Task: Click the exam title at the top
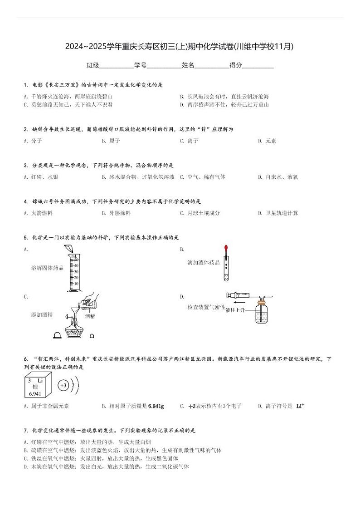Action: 180,46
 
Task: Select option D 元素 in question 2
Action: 267,141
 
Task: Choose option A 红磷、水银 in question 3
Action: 41,177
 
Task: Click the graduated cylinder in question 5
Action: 73,272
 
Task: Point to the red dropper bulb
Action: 226,249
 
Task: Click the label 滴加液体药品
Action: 204,262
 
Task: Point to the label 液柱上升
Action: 235,310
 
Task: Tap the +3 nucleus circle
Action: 63,386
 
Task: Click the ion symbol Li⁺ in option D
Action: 300,406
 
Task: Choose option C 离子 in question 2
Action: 189,141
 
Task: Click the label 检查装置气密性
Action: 206,307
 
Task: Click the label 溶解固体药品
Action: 47,268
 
